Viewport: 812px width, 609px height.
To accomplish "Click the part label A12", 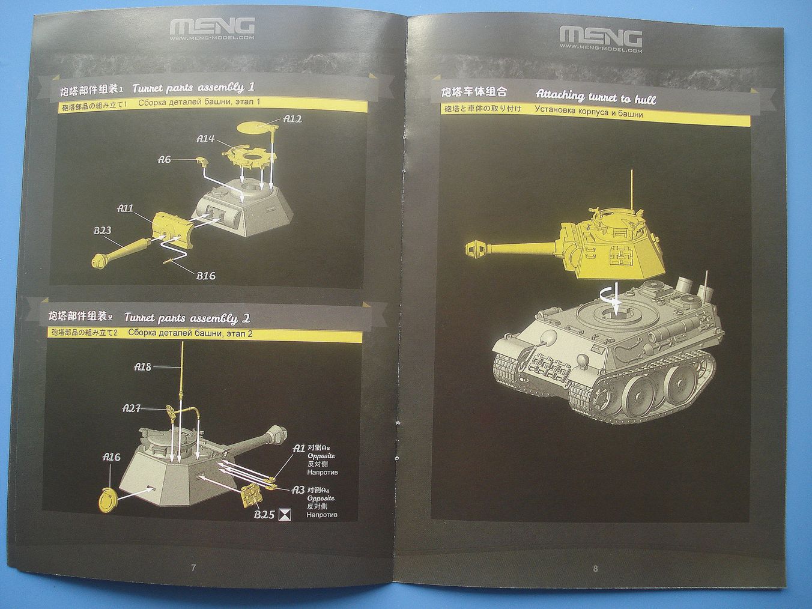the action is pos(292,118).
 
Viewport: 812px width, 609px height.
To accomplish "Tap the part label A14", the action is pos(205,139).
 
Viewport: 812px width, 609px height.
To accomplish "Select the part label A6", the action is pos(165,159).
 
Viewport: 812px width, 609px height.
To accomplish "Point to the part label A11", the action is pos(126,208).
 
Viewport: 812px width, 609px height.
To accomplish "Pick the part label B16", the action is pos(205,276).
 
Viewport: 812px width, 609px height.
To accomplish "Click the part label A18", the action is pos(143,366).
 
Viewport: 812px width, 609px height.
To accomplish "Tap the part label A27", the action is pos(132,408).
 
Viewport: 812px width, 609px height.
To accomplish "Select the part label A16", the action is pos(112,456).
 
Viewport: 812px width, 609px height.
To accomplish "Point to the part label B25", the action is pos(264,514).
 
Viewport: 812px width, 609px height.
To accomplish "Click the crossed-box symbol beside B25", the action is pos(286,514).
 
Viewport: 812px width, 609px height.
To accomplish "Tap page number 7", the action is pos(193,568).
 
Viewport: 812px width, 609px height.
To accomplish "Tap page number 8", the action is pos(595,568).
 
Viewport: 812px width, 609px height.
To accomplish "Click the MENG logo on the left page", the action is pos(213,26).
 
